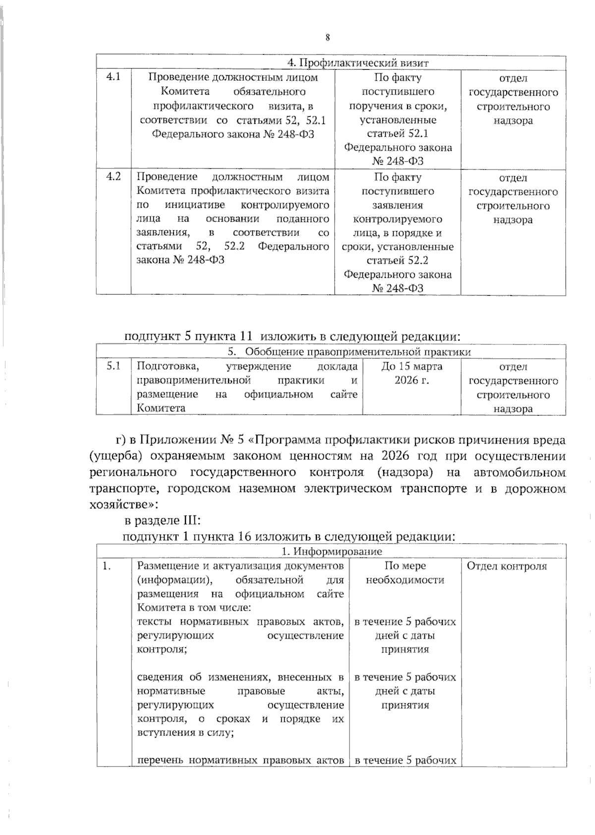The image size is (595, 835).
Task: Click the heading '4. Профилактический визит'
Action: click(x=358, y=63)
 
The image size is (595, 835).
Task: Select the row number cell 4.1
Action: click(x=114, y=77)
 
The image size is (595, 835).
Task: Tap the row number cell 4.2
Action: click(x=114, y=177)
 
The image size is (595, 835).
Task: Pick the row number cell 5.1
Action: click(x=114, y=367)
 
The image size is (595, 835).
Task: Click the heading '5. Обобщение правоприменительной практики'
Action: click(x=349, y=352)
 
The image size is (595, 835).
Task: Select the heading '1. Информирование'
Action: click(x=332, y=552)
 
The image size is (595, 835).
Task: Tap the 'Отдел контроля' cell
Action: click(x=507, y=566)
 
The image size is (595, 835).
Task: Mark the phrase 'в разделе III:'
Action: click(x=162, y=521)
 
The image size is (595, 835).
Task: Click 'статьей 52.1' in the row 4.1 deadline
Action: click(x=398, y=134)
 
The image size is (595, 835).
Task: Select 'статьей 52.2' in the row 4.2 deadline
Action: click(x=398, y=261)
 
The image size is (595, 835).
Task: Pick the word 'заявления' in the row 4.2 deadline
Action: click(x=398, y=205)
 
